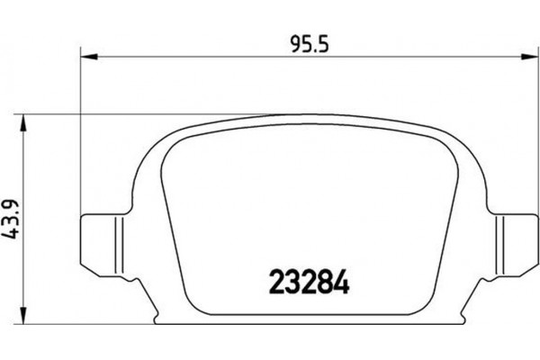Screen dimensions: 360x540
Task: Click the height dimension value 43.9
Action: point(12,220)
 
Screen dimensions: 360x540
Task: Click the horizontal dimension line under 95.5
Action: point(225,58)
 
